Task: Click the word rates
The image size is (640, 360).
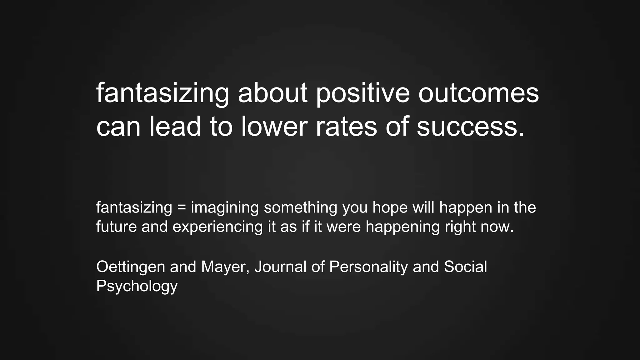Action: pos(346,126)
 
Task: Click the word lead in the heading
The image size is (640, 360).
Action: pos(175,126)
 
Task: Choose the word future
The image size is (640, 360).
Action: pos(116,227)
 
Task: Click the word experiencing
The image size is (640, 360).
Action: pos(217,227)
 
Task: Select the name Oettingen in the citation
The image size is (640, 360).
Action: pos(131,267)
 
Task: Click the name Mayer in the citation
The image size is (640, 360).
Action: pos(225,267)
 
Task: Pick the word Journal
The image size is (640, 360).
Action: pos(280,267)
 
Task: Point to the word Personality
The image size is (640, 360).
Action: pos(368,267)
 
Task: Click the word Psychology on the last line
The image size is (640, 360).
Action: pos(137,286)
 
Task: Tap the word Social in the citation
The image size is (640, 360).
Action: pos(465,267)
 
